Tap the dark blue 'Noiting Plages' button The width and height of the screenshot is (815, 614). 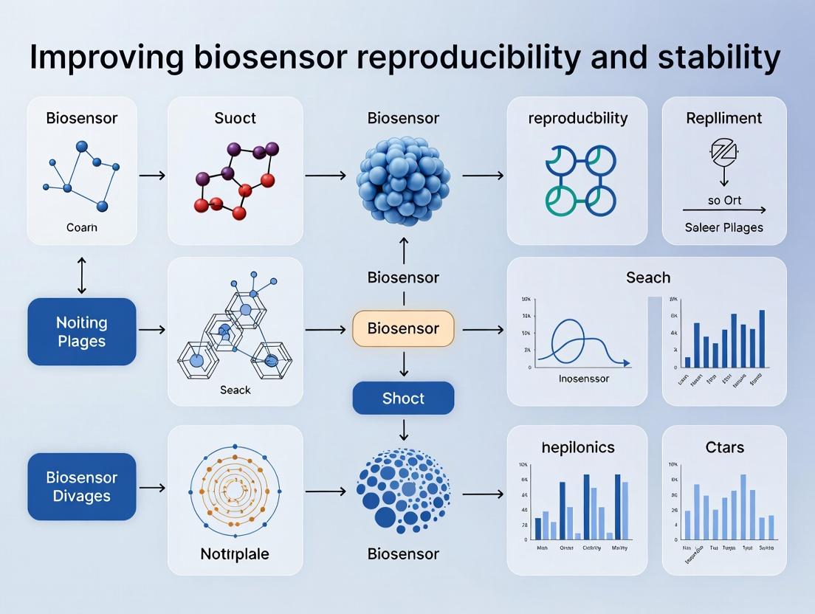[x=82, y=332]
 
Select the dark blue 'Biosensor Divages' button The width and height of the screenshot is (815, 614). [x=82, y=486]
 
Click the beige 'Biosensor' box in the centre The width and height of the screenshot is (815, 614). [x=403, y=328]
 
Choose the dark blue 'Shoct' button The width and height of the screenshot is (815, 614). [x=403, y=399]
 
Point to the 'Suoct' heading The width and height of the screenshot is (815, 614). [x=235, y=118]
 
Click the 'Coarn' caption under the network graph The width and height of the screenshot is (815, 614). [x=82, y=227]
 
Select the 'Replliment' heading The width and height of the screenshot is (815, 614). [x=723, y=118]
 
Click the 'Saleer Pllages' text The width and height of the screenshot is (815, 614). [x=723, y=227]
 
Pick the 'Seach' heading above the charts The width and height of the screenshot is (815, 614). [x=647, y=277]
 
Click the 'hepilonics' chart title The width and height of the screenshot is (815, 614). [x=577, y=447]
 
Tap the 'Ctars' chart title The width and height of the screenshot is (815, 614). [x=723, y=447]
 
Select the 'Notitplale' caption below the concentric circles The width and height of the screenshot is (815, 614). [x=235, y=553]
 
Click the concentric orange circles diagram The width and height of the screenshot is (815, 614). [x=235, y=489]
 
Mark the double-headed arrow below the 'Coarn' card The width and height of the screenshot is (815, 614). [x=82, y=276]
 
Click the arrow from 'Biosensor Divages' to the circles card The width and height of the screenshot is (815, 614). [x=151, y=488]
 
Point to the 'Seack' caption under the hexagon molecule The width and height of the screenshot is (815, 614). [x=235, y=390]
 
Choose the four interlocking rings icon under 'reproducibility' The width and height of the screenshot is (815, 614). [x=580, y=180]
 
